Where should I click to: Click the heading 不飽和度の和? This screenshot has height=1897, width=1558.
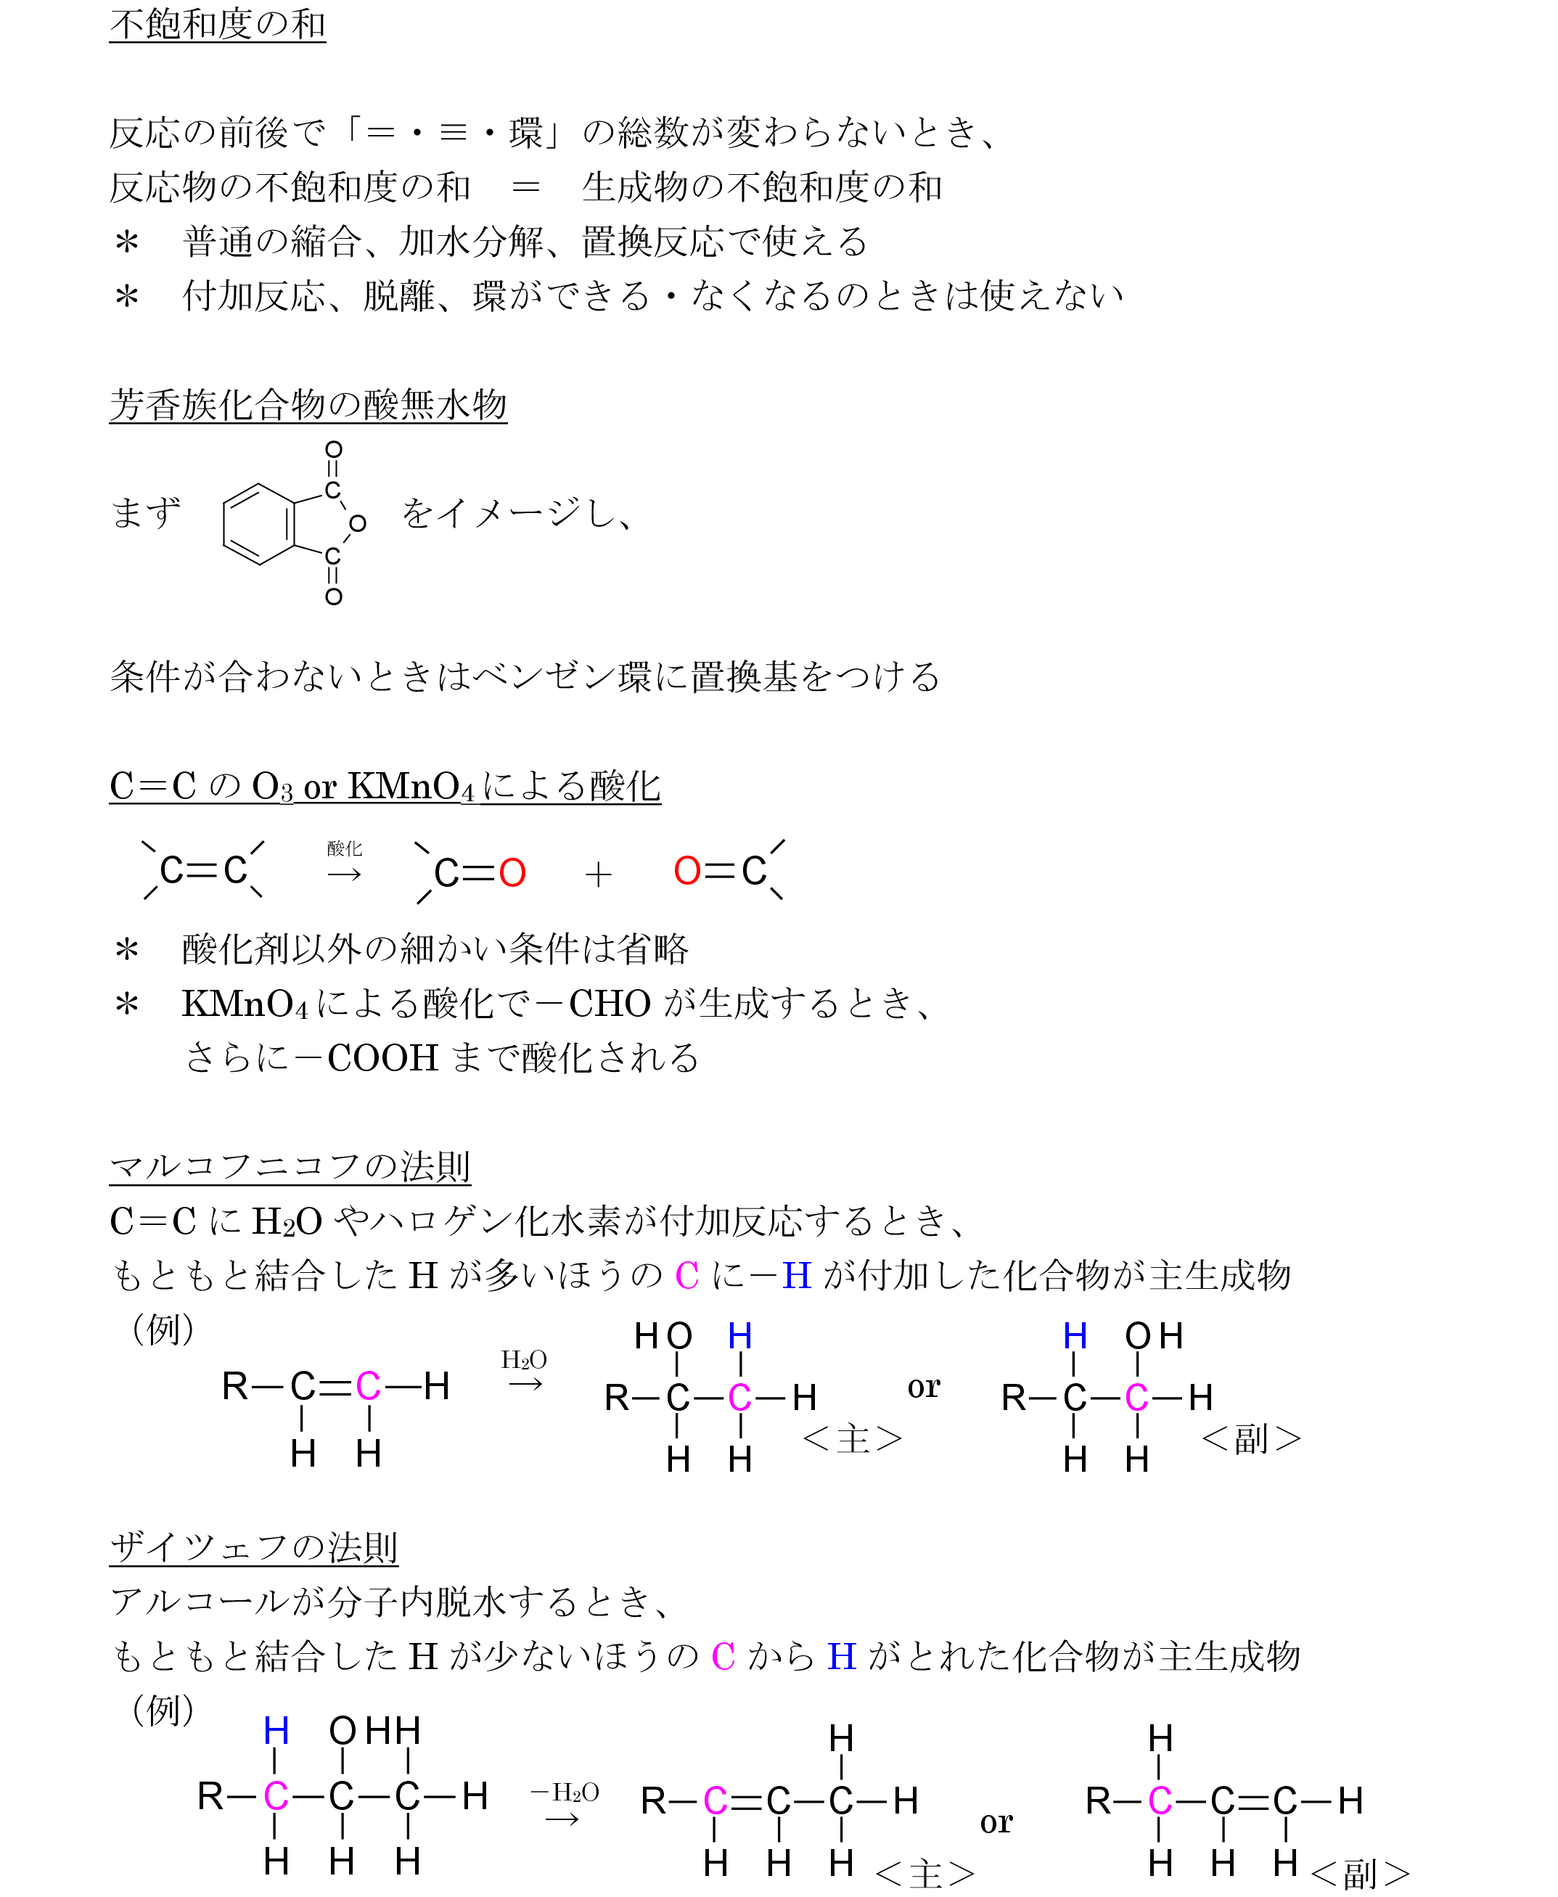pyautogui.click(x=217, y=24)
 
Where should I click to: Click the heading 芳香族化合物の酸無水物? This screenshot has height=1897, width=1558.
pyautogui.click(x=308, y=405)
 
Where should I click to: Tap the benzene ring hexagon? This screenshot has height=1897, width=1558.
pyautogui.click(x=258, y=524)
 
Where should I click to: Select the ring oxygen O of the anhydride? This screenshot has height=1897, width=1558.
pyautogui.click(x=357, y=523)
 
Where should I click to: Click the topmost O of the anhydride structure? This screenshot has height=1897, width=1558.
pyautogui.click(x=333, y=449)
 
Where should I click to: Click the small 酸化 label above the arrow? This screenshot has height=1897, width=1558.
pyautogui.click(x=345, y=848)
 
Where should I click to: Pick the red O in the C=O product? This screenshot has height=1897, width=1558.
pyautogui.click(x=512, y=873)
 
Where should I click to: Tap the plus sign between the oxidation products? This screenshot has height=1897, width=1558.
pyautogui.click(x=598, y=874)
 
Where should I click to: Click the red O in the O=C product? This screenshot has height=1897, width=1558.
pyautogui.click(x=686, y=870)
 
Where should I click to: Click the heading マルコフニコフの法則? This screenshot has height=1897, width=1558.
pyautogui.click(x=290, y=1166)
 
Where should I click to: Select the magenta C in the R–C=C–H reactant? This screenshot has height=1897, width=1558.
pyautogui.click(x=368, y=1386)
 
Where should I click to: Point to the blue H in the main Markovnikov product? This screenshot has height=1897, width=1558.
pyautogui.click(x=739, y=1336)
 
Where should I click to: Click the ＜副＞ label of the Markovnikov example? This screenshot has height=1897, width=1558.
pyautogui.click(x=1251, y=1439)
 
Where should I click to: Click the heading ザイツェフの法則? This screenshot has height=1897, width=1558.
pyautogui.click(x=253, y=1547)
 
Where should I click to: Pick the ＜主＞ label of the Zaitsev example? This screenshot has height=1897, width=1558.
pyautogui.click(x=924, y=1874)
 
